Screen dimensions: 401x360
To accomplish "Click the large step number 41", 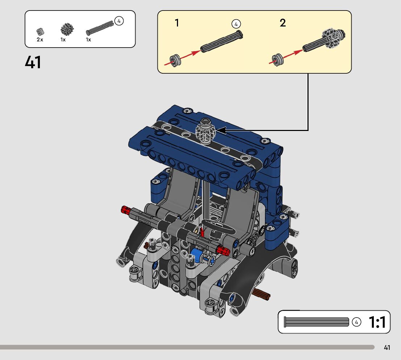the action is point(33,62).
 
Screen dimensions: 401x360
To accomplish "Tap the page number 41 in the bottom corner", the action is point(387,347).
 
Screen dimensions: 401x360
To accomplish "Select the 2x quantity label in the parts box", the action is point(40,40).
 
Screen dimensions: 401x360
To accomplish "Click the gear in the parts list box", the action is point(67,29).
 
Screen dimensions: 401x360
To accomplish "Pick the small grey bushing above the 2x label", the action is point(40,32).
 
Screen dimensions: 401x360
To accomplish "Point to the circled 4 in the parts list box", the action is point(119,21).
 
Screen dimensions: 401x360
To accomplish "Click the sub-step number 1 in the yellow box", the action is point(177,23).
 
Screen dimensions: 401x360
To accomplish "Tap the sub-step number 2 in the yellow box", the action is point(282,23).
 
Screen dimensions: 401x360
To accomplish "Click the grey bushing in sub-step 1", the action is point(175,61).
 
